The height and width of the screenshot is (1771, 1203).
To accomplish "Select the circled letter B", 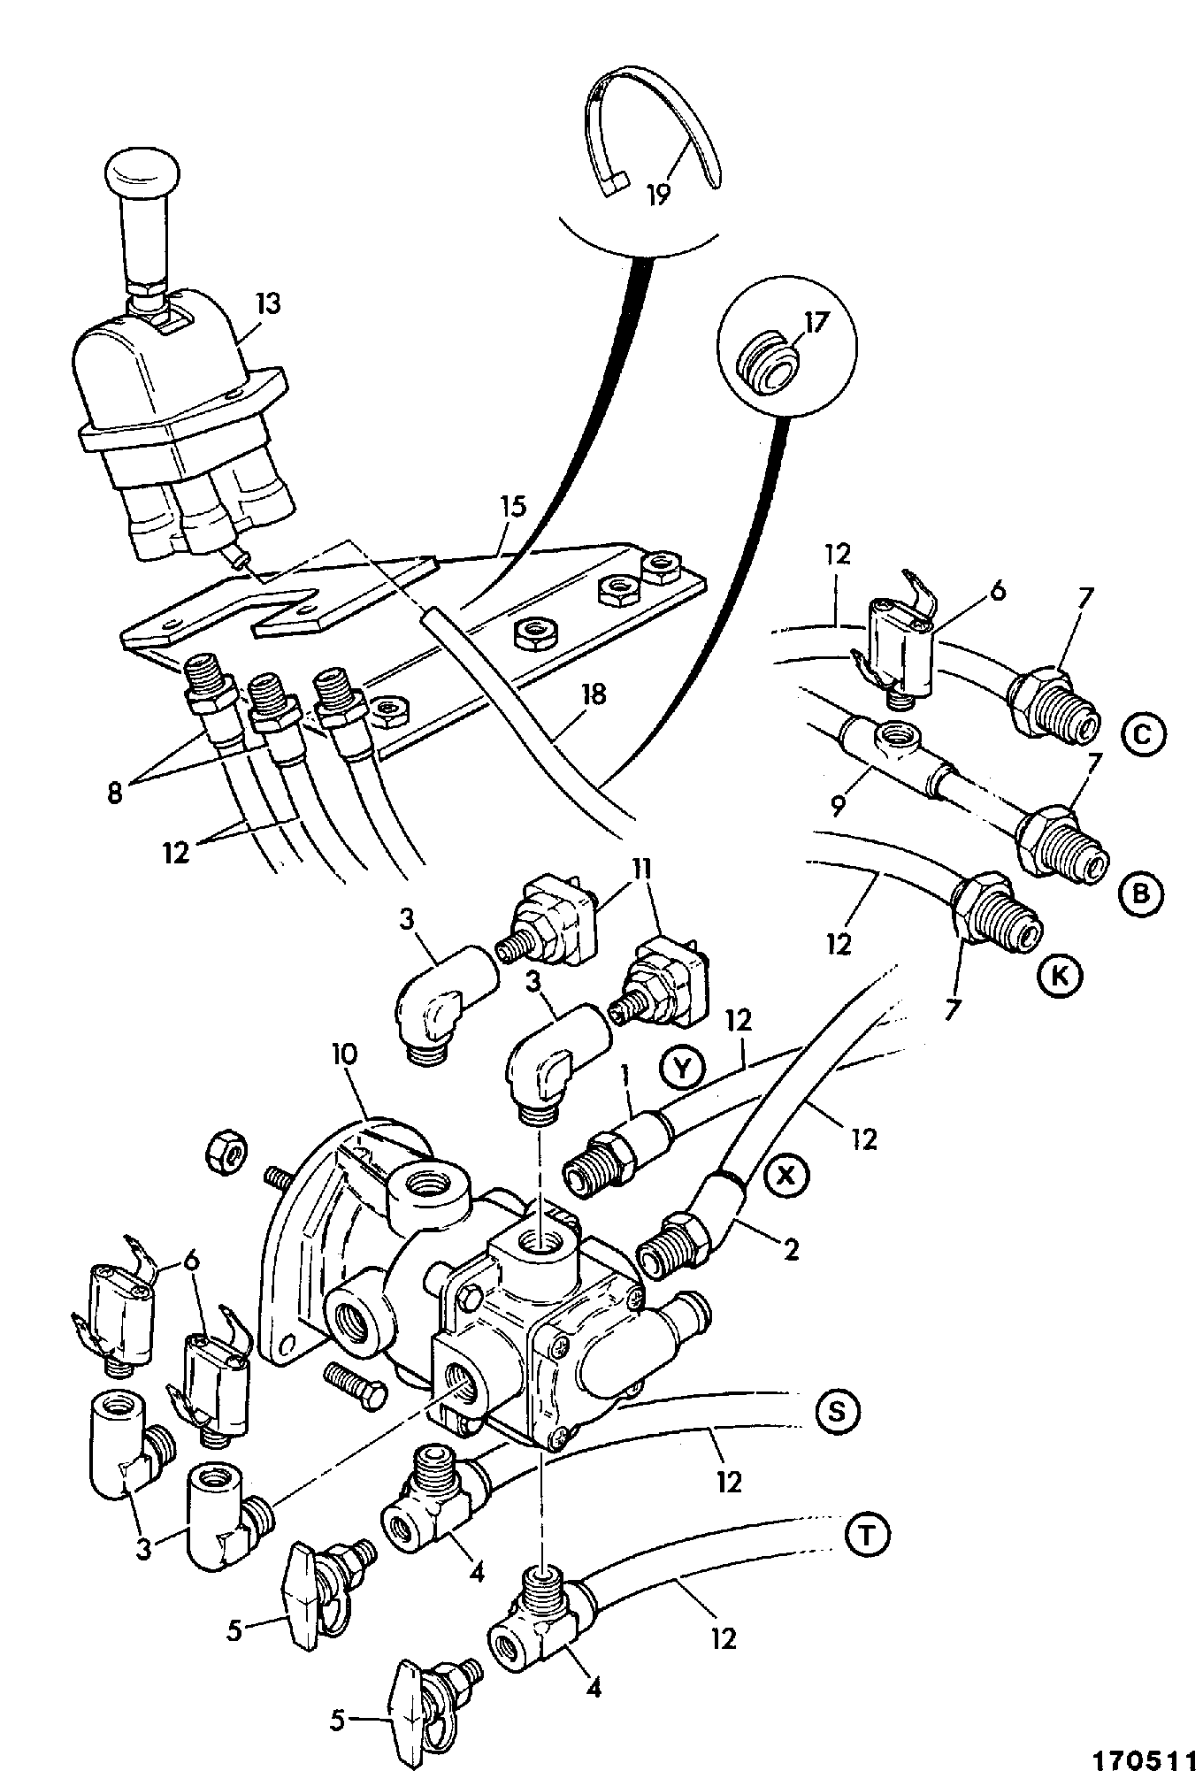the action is coord(1141,894).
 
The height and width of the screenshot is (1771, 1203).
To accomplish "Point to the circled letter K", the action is coord(1060,975).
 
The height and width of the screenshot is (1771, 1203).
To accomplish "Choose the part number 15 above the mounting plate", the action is coord(513,507).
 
